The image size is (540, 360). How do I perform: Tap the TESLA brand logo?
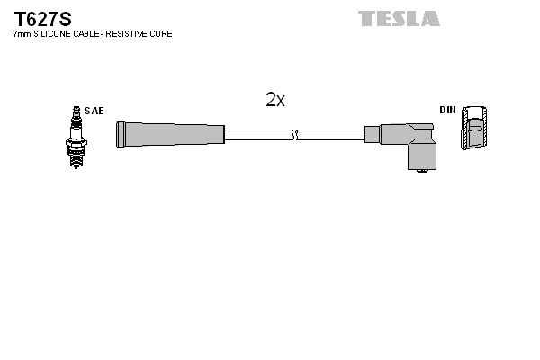point(399,18)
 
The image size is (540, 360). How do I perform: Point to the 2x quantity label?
point(275,100)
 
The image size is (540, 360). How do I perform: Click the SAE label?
point(94,111)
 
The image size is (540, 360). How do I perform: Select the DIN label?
point(447,110)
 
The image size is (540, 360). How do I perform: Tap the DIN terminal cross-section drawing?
point(477,131)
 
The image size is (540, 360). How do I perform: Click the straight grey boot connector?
point(170,135)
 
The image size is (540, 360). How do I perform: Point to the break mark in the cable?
point(294,135)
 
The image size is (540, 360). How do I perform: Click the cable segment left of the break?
point(258,135)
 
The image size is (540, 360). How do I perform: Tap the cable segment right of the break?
point(329,135)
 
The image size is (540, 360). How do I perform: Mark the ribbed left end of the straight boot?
point(120,135)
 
